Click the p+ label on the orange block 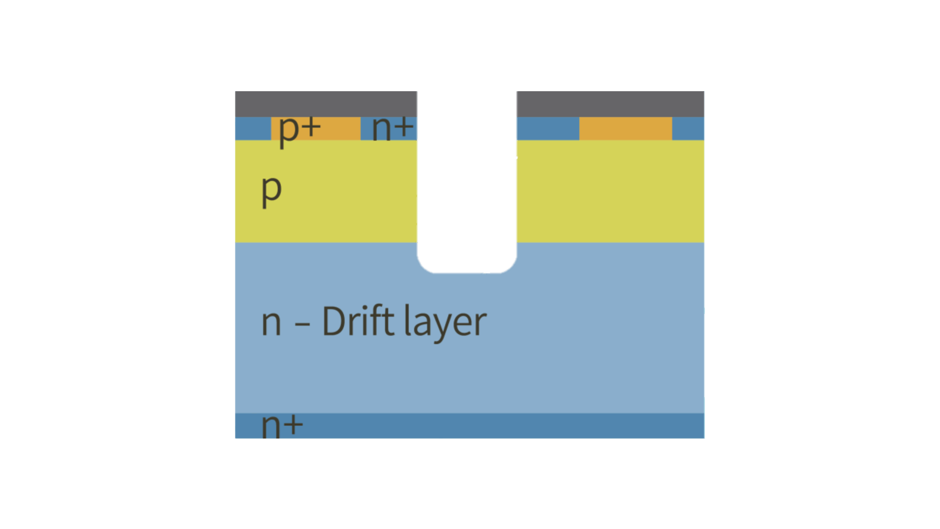(x=299, y=129)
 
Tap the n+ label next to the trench (x=393, y=128)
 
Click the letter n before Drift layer (x=271, y=323)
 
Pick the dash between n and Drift (x=302, y=324)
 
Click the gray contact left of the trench (x=326, y=104)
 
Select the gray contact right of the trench (x=610, y=104)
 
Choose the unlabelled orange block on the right (x=625, y=128)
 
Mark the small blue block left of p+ (x=253, y=128)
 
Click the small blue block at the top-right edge (x=688, y=128)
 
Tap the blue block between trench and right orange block (x=547, y=128)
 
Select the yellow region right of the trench (x=610, y=191)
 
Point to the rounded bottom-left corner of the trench (x=425, y=264)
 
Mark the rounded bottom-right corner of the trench (x=508, y=264)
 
